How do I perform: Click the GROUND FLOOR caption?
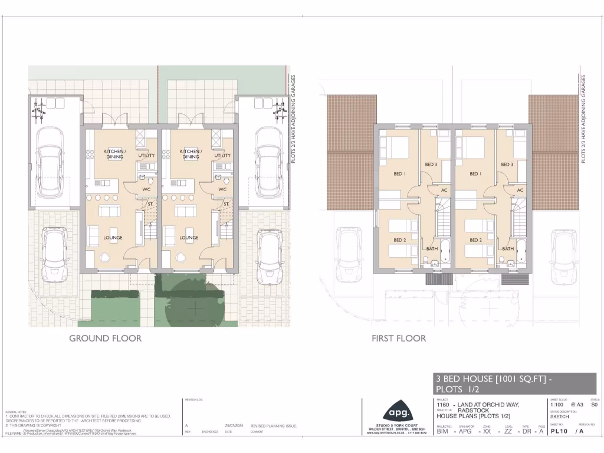pos(105,338)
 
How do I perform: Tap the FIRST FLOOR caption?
pos(399,338)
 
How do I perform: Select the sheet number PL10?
pos(560,431)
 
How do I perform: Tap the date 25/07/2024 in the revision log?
pos(235,426)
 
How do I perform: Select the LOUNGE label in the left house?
pos(113,238)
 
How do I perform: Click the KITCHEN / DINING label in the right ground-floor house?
pos(191,154)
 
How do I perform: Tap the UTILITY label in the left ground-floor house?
pos(146,156)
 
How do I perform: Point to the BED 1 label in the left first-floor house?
pos(399,174)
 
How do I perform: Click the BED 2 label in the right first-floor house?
pos(475,240)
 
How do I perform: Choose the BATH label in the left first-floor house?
pos(432,249)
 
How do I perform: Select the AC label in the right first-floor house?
pos(520,191)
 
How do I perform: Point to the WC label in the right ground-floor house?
pos(222,189)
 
